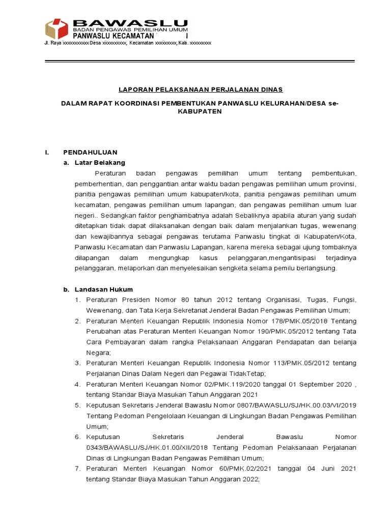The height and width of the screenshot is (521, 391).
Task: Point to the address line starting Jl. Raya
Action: (x=128, y=44)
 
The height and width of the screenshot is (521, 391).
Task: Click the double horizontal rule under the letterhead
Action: (x=200, y=61)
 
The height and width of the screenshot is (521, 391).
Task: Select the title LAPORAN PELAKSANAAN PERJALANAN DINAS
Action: (x=200, y=90)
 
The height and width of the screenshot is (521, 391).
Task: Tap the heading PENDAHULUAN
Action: (x=90, y=152)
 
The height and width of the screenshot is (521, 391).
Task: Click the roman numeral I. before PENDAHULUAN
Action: (x=47, y=152)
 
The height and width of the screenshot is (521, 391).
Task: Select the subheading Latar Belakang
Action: (x=100, y=162)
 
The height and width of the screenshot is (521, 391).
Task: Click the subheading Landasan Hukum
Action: (x=103, y=289)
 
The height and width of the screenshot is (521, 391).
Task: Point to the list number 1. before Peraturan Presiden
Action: (x=78, y=300)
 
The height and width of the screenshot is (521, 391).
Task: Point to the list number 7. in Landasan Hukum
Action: (x=78, y=468)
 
